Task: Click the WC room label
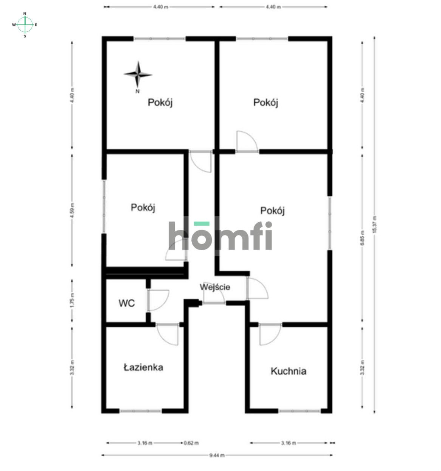click(x=126, y=303)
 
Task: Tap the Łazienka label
click(x=143, y=367)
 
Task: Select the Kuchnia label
click(x=288, y=371)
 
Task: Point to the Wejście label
click(x=215, y=287)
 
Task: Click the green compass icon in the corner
click(x=25, y=25)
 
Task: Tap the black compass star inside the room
click(x=138, y=74)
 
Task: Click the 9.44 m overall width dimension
click(x=217, y=455)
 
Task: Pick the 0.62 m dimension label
click(x=191, y=443)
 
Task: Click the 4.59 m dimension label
click(x=72, y=211)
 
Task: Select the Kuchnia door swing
click(x=269, y=335)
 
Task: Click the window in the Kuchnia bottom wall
click(x=300, y=411)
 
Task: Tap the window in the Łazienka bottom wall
click(x=141, y=411)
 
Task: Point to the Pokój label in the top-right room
click(x=266, y=103)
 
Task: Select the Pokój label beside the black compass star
click(x=160, y=103)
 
